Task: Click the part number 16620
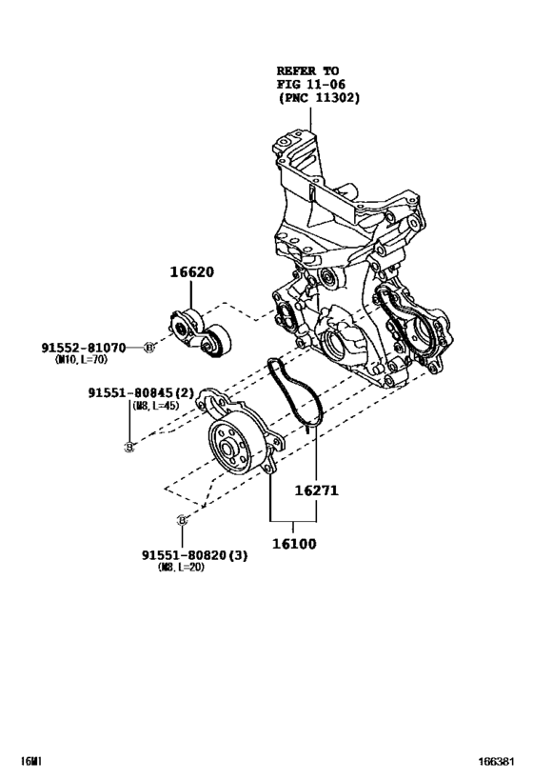(192, 272)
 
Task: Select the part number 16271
(317, 491)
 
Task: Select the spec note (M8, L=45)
(154, 406)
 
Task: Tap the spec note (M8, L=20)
(181, 568)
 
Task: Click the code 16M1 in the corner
(32, 762)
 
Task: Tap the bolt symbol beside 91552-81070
(149, 349)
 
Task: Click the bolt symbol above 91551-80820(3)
(181, 519)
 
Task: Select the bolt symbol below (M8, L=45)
(129, 447)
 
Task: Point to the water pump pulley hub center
(228, 449)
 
